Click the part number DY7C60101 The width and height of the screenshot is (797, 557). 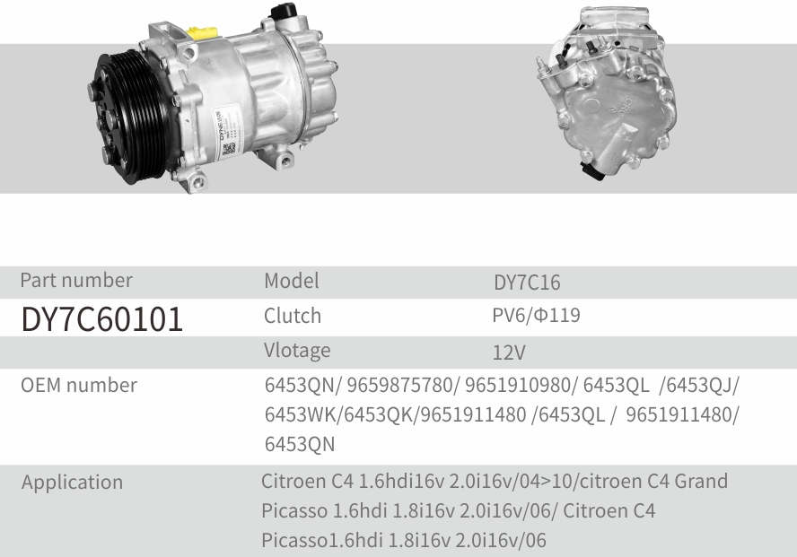(101, 319)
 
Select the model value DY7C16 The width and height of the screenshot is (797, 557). (527, 283)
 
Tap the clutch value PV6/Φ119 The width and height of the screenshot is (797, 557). (536, 316)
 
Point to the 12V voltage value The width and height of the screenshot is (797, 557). (509, 352)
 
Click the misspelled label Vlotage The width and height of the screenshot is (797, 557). (297, 351)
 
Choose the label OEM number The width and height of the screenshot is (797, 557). (79, 385)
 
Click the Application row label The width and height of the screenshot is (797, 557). (72, 483)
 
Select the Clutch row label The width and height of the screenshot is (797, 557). (293, 316)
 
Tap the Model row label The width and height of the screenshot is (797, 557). (292, 281)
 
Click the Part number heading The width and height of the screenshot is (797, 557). (76, 280)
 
